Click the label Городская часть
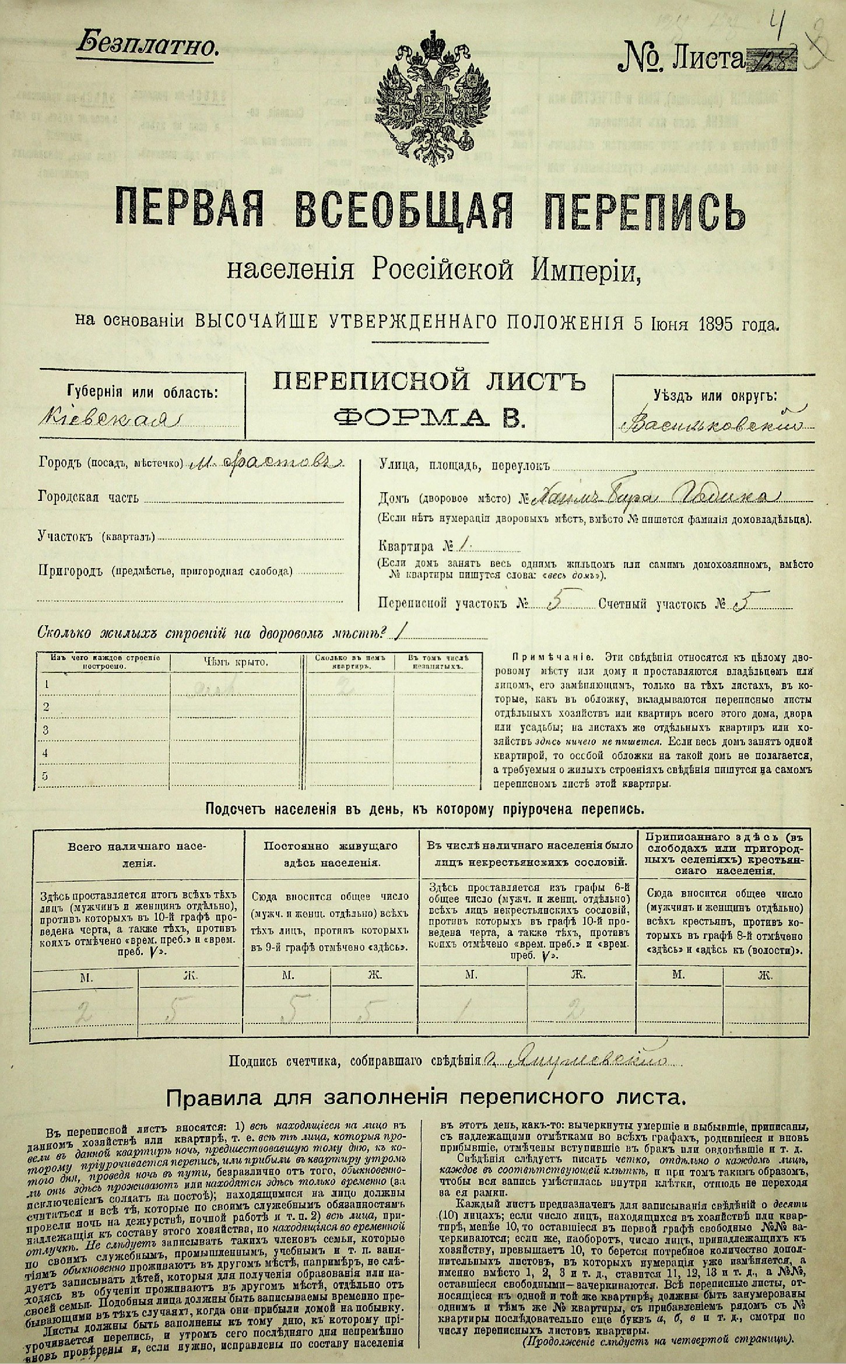(89, 497)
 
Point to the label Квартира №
(415, 547)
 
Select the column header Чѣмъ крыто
(236, 662)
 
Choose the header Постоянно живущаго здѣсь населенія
(331, 853)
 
